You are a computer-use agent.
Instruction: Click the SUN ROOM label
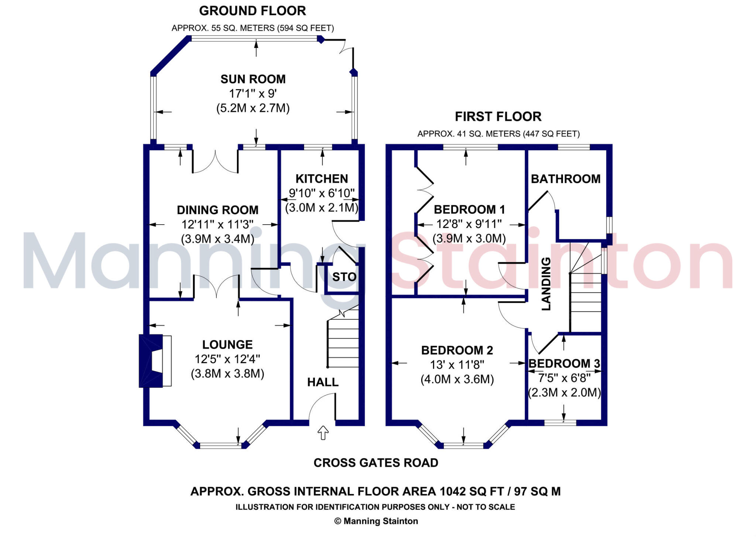click(253, 79)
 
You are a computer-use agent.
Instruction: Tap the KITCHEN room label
click(322, 179)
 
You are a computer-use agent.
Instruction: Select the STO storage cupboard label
click(344, 277)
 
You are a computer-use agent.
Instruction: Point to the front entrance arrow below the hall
click(323, 432)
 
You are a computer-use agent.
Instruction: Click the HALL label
click(323, 382)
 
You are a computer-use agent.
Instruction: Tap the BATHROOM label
click(566, 179)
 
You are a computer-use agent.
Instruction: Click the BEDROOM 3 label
click(564, 364)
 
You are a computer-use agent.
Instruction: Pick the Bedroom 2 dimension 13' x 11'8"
click(457, 365)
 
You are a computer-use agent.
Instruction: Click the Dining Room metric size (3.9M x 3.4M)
click(217, 239)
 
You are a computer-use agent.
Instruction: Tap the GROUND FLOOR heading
click(252, 11)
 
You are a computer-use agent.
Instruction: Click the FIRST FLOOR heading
click(498, 117)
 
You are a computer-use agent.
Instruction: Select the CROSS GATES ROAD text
click(376, 463)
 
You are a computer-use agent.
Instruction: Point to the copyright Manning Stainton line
click(376, 521)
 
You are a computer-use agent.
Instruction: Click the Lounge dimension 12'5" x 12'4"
click(227, 359)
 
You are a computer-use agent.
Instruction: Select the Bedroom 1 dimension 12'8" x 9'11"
click(469, 224)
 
